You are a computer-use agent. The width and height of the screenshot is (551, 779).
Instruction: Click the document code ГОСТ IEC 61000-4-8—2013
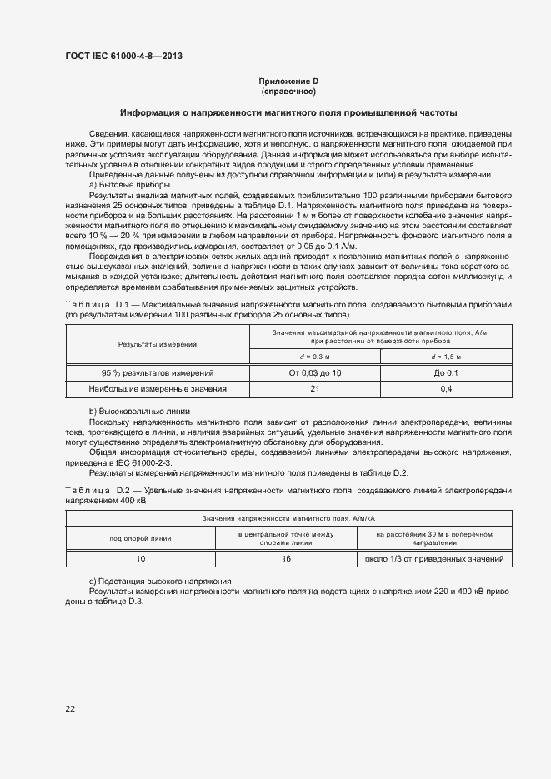click(123, 56)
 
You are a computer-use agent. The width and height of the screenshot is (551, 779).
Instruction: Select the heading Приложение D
click(288, 81)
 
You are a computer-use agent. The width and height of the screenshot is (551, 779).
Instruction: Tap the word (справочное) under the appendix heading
click(288, 91)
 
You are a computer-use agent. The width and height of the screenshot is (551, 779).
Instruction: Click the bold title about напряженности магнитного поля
click(288, 112)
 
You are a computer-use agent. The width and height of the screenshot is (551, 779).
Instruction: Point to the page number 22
click(71, 708)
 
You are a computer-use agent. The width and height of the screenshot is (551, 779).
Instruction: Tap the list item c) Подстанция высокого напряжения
click(160, 580)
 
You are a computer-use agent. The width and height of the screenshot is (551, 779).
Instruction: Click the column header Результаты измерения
click(158, 344)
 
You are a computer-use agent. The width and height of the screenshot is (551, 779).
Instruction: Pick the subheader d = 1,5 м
click(446, 357)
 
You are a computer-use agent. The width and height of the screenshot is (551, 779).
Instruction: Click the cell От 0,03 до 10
click(315, 373)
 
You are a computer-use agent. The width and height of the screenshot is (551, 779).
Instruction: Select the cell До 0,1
click(446, 373)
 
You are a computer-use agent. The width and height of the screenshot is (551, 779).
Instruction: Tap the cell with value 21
click(315, 389)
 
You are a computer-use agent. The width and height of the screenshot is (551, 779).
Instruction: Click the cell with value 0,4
click(446, 389)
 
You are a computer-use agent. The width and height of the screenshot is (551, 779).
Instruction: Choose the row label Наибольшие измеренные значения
click(158, 389)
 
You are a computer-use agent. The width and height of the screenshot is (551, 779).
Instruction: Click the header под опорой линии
click(140, 537)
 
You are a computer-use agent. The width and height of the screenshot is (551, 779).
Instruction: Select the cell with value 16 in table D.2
click(286, 558)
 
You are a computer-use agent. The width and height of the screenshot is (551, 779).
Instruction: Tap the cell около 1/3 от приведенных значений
click(434, 558)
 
